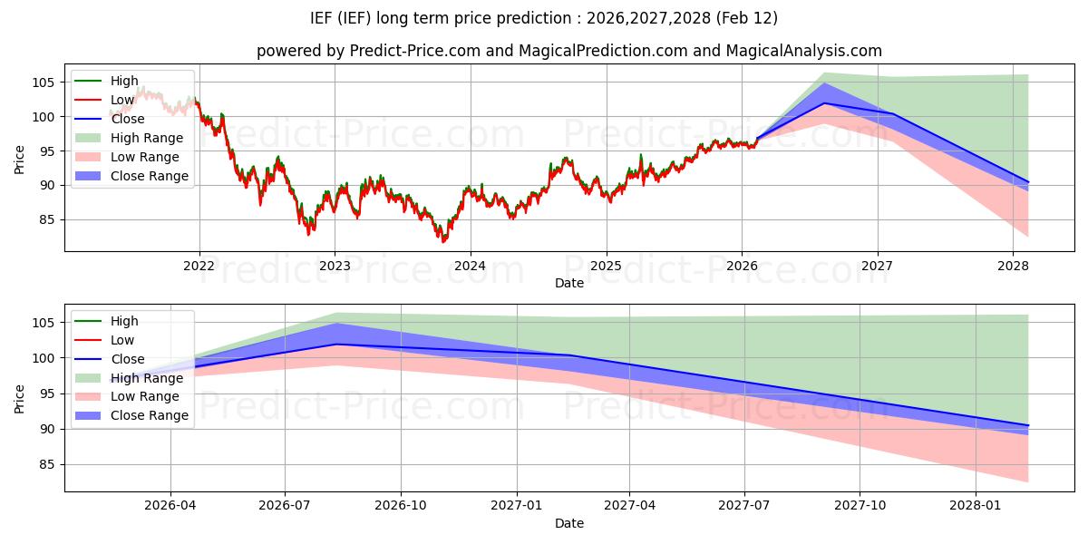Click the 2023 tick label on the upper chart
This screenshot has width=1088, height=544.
[335, 266]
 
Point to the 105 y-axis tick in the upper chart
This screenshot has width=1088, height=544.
[47, 82]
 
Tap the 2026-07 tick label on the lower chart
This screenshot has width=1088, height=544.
[285, 506]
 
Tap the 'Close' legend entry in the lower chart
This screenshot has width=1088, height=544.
[128, 359]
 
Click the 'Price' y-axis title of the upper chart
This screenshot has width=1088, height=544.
[20, 160]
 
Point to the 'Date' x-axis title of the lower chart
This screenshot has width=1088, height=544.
[569, 523]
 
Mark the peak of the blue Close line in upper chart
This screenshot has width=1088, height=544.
[823, 102]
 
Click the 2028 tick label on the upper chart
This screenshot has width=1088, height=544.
[1013, 266]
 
